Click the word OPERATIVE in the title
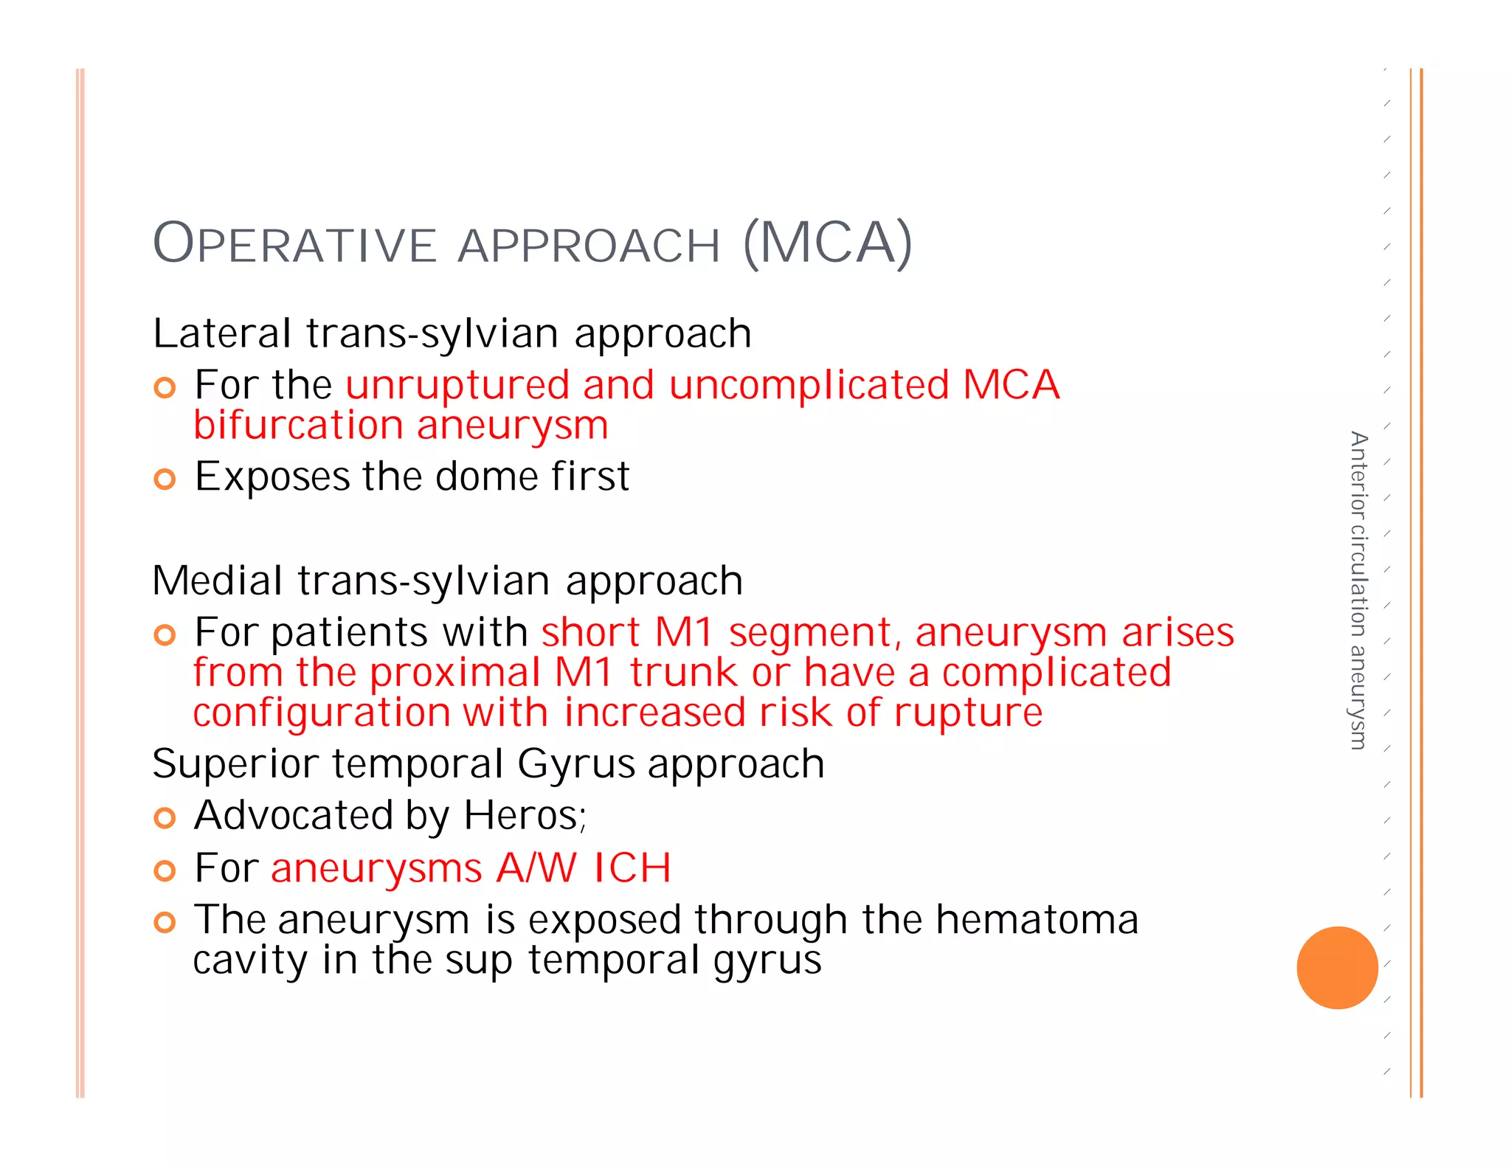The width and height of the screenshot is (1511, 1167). (295, 244)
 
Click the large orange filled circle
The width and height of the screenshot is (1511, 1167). (1337, 967)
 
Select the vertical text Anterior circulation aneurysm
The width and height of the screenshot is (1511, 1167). (1358, 590)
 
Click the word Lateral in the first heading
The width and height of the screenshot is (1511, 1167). (222, 333)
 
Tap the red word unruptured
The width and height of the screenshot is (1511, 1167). (457, 386)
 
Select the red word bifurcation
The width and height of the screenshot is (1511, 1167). (297, 426)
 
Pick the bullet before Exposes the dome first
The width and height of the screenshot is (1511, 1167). (165, 479)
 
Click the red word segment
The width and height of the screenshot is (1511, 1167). (815, 634)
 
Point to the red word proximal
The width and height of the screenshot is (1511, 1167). (455, 673)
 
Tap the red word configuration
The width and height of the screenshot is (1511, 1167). (321, 713)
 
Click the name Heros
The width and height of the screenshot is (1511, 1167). (523, 816)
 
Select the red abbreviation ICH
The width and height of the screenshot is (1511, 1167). (632, 868)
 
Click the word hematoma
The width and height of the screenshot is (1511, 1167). (1037, 921)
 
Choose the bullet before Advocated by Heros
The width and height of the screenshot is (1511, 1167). (165, 817)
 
